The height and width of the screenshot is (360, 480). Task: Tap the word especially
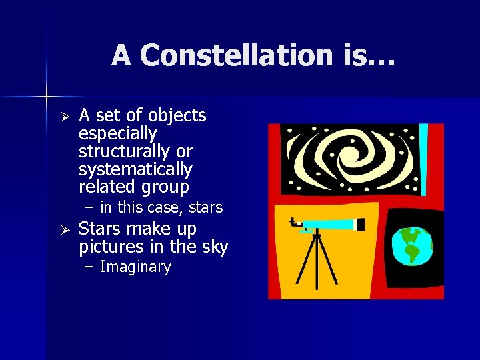tap(117, 134)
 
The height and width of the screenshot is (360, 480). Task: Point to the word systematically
tap(135, 169)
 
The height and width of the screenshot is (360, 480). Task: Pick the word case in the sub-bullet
tap(167, 207)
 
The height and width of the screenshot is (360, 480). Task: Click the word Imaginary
tap(135, 267)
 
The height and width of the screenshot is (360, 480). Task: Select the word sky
tap(214, 247)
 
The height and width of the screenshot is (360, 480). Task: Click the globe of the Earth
tap(413, 245)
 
